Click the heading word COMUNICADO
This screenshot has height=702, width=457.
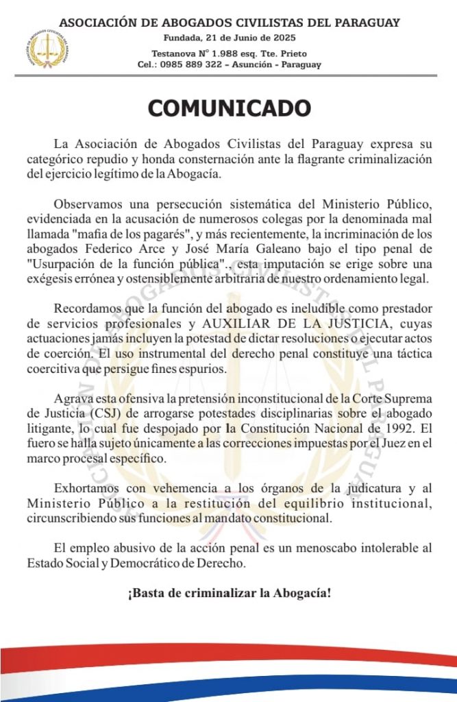(x=229, y=108)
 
